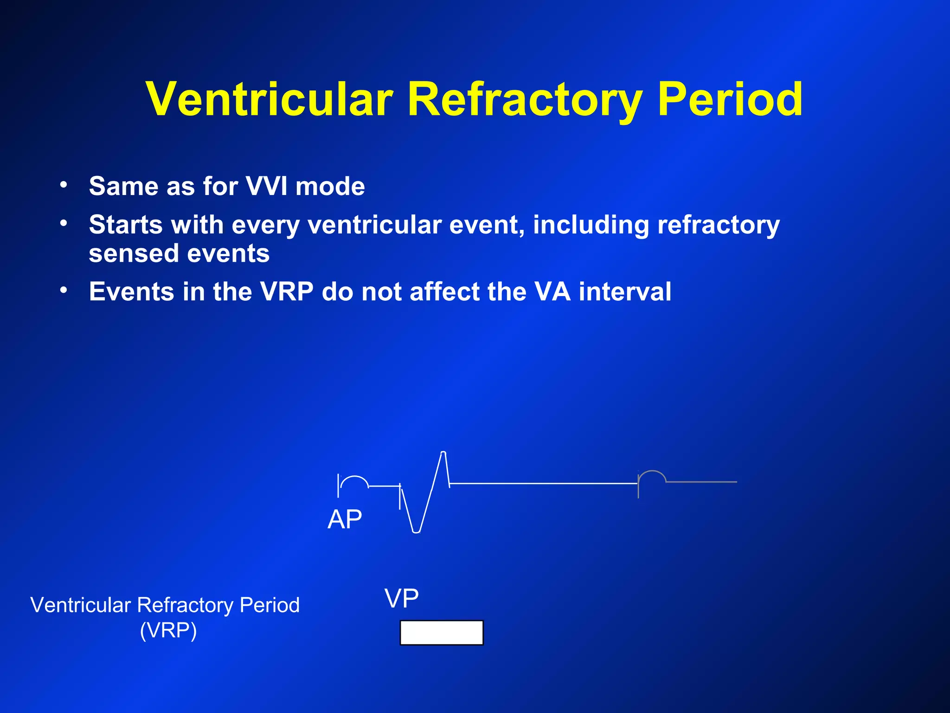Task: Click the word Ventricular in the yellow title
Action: [x=270, y=99]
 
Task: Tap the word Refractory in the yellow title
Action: [x=525, y=99]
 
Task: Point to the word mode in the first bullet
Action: [x=330, y=187]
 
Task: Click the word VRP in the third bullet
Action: [x=287, y=292]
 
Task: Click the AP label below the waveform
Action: [x=345, y=519]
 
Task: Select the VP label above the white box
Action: [x=402, y=598]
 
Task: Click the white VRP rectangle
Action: [x=442, y=633]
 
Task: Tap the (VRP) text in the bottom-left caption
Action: [x=168, y=631]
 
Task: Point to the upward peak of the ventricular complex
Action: [x=443, y=453]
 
